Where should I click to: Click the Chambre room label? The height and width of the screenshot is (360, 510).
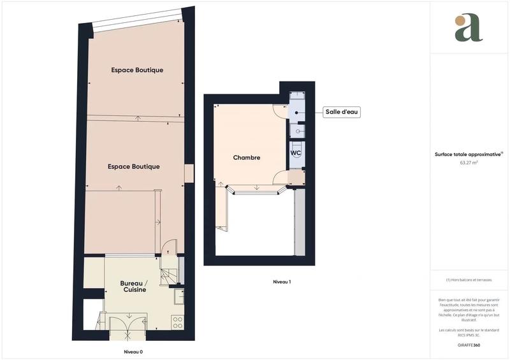[246, 158]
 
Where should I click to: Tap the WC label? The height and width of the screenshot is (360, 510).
[296, 154]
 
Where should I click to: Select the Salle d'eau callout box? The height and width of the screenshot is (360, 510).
[342, 112]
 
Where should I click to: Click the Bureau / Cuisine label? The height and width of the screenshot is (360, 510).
[135, 286]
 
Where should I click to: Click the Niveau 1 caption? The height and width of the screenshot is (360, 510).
[282, 282]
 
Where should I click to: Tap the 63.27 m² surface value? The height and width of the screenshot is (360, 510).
[469, 162]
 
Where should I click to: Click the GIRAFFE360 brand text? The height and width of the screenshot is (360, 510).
[469, 345]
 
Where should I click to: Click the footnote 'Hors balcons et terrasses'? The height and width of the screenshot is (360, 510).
[469, 280]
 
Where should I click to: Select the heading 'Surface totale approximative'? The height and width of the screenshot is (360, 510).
[468, 154]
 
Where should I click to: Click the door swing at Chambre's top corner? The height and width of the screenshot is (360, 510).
[280, 110]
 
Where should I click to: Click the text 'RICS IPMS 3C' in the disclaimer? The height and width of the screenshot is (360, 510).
[469, 334]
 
